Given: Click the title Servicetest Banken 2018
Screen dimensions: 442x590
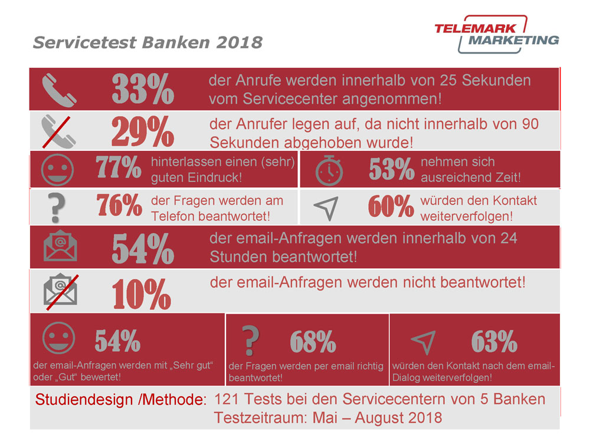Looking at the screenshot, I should click(x=147, y=43).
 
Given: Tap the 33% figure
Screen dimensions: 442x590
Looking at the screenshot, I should click(x=143, y=89).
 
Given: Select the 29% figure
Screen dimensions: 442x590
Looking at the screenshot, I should click(x=143, y=131).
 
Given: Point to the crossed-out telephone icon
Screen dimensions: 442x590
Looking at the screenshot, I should click(x=59, y=131).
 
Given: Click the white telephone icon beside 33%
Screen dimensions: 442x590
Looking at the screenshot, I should click(x=59, y=89).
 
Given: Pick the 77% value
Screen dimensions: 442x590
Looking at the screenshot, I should click(x=119, y=169).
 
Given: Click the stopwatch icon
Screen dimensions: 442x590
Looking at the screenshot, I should click(x=329, y=170).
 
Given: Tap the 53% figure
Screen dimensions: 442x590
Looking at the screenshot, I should click(x=392, y=170).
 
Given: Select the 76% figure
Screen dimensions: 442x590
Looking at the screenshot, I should click(x=119, y=206).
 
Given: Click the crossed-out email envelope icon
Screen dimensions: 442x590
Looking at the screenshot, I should click(x=60, y=291).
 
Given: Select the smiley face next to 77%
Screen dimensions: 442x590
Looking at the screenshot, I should click(x=57, y=170).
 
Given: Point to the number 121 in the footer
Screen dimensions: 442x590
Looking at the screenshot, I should click(x=226, y=399).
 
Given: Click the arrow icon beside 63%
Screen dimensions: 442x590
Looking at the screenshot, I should click(x=424, y=341).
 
